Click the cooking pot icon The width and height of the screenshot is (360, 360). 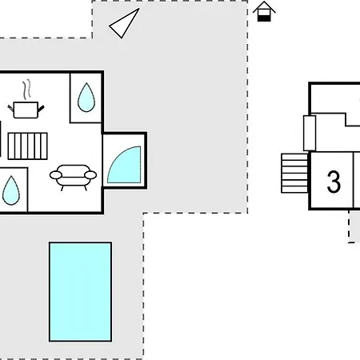26,110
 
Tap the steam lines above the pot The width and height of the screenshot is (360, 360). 26,90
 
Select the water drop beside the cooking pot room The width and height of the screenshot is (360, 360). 86,98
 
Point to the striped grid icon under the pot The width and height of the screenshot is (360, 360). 28,146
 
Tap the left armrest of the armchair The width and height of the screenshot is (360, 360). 56,175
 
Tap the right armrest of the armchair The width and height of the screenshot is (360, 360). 90,175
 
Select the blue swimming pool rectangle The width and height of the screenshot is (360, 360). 80,292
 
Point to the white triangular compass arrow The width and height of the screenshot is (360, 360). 124,23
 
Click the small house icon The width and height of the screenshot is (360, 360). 264,11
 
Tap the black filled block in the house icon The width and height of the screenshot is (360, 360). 264,18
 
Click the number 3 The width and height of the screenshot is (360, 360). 334,182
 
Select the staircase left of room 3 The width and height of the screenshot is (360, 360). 294,173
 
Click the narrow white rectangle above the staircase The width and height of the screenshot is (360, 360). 310,133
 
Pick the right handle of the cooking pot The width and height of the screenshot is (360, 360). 41,109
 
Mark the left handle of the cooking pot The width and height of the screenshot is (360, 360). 10,109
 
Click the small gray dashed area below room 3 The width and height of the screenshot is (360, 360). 354,226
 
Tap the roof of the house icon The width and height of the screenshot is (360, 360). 264,6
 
